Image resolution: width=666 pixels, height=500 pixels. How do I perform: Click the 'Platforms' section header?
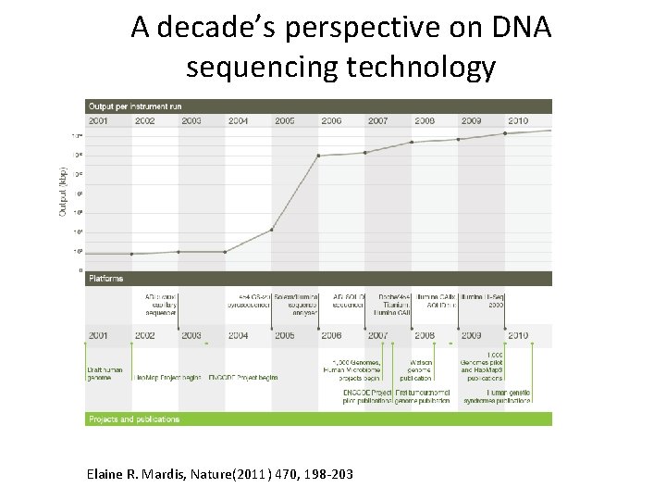105,278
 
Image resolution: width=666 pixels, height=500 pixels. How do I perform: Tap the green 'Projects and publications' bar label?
134,419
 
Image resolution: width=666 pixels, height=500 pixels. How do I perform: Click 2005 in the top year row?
284,121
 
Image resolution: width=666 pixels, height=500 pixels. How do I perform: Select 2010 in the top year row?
517,121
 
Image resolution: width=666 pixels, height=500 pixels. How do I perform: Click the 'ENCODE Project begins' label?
243,378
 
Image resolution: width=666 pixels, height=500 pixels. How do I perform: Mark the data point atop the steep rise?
319,156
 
